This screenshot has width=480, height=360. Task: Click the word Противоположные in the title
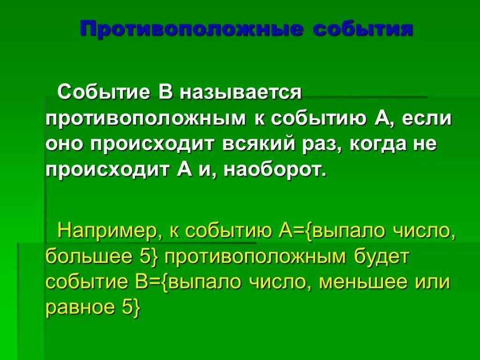click(190, 29)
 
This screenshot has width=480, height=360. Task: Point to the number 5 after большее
click(144, 257)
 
